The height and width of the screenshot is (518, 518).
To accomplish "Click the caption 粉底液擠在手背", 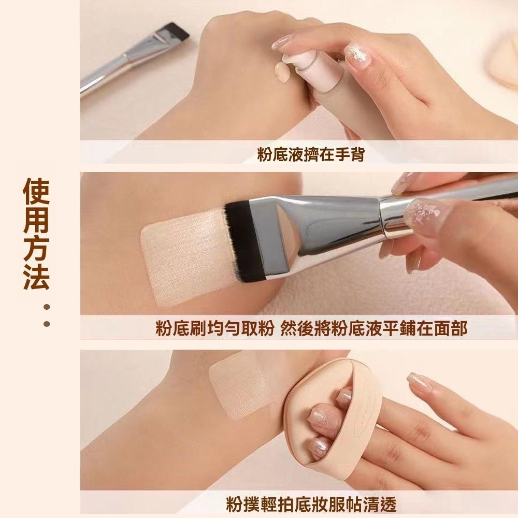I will pyautogui.click(x=310, y=154).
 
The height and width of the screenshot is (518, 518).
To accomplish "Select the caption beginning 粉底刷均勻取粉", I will pyautogui.click(x=311, y=328).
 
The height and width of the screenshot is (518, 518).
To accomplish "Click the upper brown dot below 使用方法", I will pyautogui.click(x=47, y=307).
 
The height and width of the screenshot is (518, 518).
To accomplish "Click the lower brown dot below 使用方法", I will pyautogui.click(x=47, y=324).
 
